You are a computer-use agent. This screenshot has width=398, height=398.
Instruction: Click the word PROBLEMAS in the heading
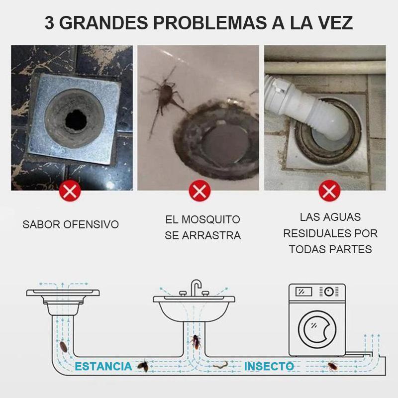click(210, 22)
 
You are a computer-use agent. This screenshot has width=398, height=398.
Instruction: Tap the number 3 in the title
click(49, 22)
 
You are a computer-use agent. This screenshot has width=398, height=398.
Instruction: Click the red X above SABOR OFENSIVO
click(70, 191)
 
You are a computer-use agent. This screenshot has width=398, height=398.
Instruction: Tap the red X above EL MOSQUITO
click(200, 191)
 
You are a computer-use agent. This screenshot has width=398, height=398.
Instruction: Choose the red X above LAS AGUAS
click(329, 191)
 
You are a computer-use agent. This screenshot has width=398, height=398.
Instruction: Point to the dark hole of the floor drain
click(76, 120)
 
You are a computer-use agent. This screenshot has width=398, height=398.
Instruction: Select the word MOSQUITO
click(210, 219)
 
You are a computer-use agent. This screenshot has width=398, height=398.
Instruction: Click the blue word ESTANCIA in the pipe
click(103, 366)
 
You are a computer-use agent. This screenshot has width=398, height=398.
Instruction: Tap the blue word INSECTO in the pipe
click(269, 366)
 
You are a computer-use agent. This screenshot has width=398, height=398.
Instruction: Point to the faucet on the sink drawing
click(196, 287)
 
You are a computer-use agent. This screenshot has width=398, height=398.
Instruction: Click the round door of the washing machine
click(317, 329)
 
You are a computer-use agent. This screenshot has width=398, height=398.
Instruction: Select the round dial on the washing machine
click(329, 292)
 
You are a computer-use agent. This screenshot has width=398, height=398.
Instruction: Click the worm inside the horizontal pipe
click(220, 366)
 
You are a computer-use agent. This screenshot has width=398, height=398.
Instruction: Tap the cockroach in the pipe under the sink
click(196, 342)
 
